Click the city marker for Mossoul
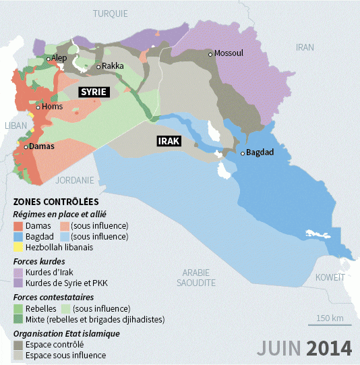click(x=211, y=54)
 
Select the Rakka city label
click(x=113, y=66)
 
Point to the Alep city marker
click(x=48, y=59)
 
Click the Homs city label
click(x=52, y=107)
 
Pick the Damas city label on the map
click(x=41, y=146)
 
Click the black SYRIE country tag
click(x=95, y=92)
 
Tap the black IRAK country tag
click(x=169, y=141)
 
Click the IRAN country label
click(x=305, y=47)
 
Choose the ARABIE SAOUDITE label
click(x=196, y=277)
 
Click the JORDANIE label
click(x=75, y=180)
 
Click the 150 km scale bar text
click(x=330, y=318)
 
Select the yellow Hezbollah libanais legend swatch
click(x=19, y=247)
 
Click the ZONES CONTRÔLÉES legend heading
click(x=56, y=202)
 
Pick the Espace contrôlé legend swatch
click(x=19, y=344)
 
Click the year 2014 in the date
click(x=329, y=348)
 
